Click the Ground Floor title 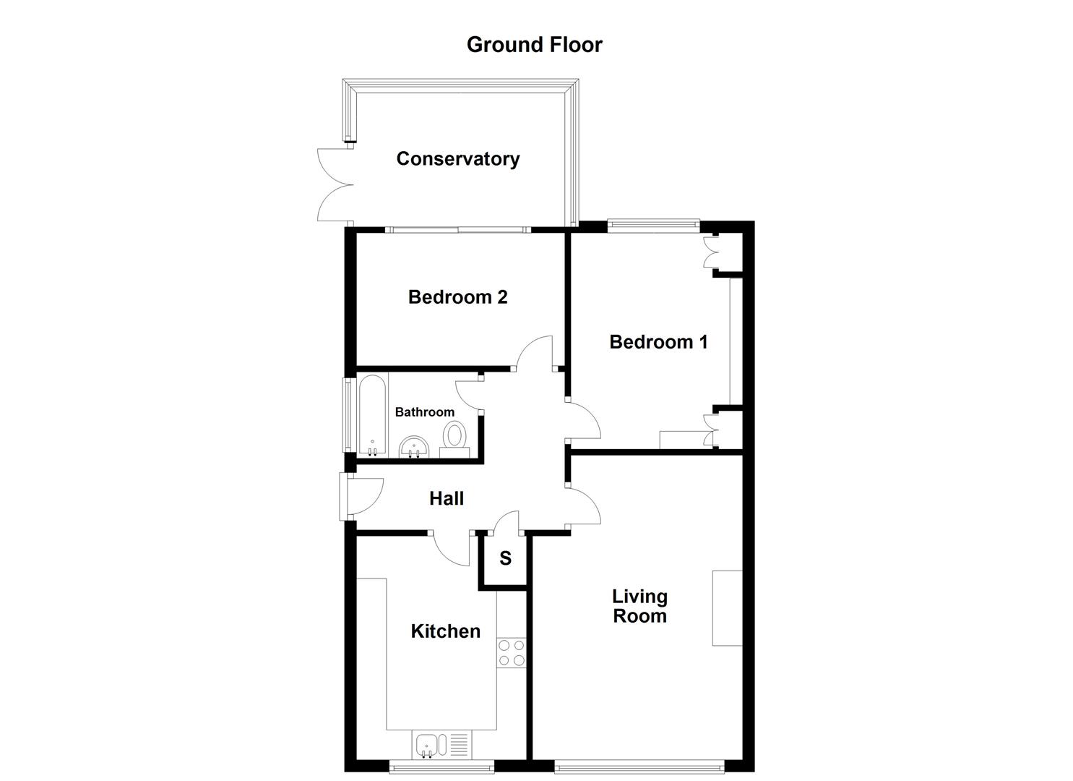(534, 45)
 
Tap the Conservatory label (457, 159)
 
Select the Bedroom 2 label (457, 297)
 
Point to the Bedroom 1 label (658, 342)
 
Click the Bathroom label (424, 412)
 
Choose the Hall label (446, 498)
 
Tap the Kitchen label (445, 631)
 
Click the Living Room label (639, 606)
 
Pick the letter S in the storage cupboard (505, 558)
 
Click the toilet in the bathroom (454, 438)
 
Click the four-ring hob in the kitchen (512, 653)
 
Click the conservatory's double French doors (335, 184)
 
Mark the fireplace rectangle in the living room (727, 607)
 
